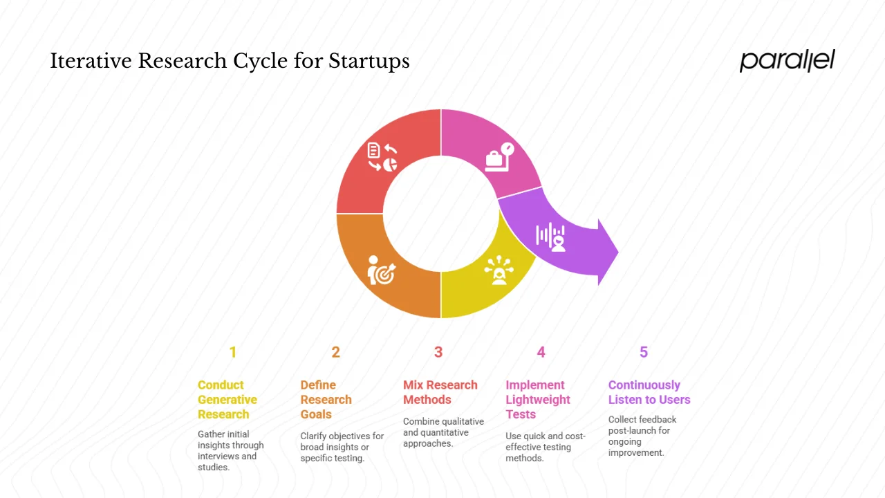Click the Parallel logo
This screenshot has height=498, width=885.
pyautogui.click(x=787, y=61)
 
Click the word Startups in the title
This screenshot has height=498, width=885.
pyautogui.click(x=369, y=62)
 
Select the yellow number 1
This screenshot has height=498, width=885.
pyautogui.click(x=233, y=353)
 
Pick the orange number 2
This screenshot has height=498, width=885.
pyautogui.click(x=335, y=353)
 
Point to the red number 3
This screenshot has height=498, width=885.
pyautogui.click(x=438, y=353)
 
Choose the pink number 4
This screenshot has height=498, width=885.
pyautogui.click(x=541, y=353)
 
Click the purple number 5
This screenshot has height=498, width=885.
pyautogui.click(x=644, y=353)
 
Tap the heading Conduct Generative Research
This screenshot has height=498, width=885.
pyautogui.click(x=227, y=400)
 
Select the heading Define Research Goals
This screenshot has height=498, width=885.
pyautogui.click(x=326, y=400)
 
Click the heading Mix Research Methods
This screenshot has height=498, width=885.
pyautogui.click(x=440, y=392)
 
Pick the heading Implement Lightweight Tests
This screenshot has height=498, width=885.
pyautogui.click(x=538, y=400)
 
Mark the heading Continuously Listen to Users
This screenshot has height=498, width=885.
pyautogui.click(x=649, y=392)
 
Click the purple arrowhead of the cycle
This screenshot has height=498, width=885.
pyautogui.click(x=606, y=252)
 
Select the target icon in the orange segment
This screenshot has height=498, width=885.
pyautogui.click(x=381, y=270)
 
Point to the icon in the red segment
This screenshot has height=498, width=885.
pyautogui.click(x=382, y=157)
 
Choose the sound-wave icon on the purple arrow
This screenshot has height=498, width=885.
pyautogui.click(x=551, y=237)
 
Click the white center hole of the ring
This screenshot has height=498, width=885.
pyautogui.click(x=441, y=213)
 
